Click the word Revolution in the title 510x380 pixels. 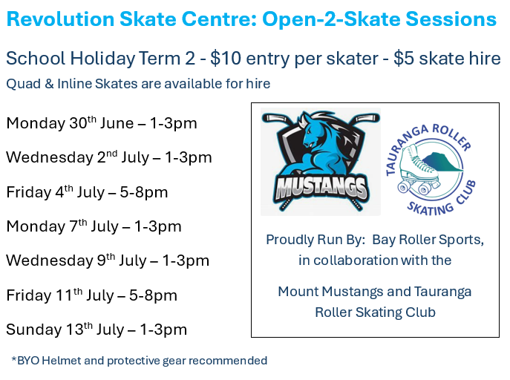pos(60,19)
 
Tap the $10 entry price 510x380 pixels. pos(226,59)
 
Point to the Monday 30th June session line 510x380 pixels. pos(102,123)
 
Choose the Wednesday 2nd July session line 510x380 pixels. pos(109,157)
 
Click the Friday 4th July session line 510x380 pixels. pos(87,191)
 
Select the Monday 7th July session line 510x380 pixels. pos(94,226)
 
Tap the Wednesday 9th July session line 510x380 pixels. pos(108,261)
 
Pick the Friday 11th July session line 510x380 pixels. pos(92,295)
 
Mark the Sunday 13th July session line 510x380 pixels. pos(97,330)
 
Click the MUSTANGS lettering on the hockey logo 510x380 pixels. pos(321,189)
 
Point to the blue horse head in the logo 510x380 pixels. pos(314,130)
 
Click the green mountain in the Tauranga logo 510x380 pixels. pos(445,162)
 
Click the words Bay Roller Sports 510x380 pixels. pos(428,240)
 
